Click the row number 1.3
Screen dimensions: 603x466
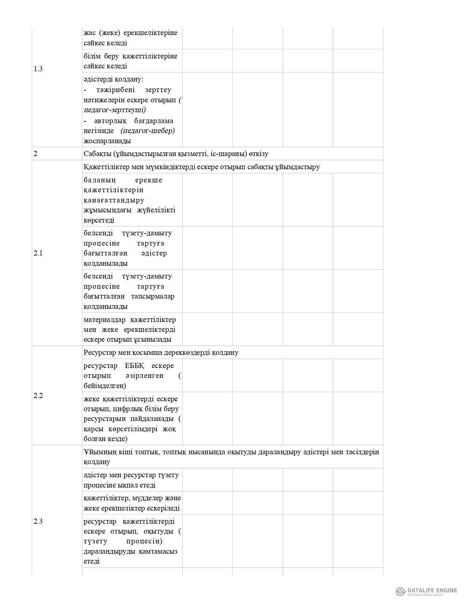38,69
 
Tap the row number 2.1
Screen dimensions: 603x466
38,253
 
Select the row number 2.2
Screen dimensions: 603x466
38,396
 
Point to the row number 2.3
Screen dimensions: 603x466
38,522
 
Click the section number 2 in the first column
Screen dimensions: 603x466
35,154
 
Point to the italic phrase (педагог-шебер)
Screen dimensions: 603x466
148,131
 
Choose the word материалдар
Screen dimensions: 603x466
104,320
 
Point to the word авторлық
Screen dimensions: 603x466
110,121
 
